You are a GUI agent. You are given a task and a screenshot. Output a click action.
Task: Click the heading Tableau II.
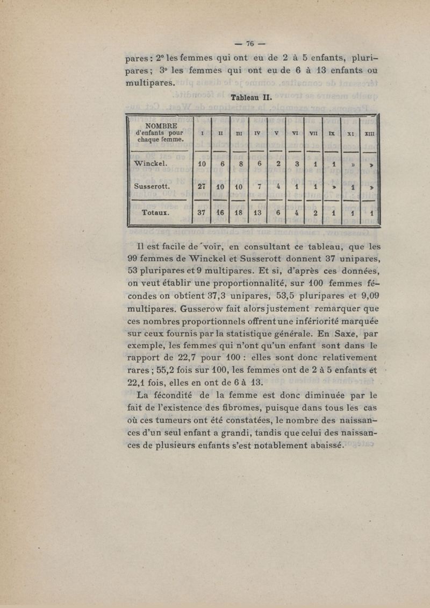pos(252,98)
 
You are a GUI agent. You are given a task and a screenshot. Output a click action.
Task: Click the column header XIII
pos(370,132)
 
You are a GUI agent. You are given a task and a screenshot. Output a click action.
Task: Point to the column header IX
pos(333,132)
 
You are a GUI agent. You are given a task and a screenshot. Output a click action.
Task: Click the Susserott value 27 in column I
pos(202,186)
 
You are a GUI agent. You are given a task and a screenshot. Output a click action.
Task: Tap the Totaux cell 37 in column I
pos(202,212)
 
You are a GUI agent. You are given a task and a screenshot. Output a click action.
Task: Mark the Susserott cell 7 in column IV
pos(259,186)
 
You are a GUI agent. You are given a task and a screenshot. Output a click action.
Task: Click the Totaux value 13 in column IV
pos(257,212)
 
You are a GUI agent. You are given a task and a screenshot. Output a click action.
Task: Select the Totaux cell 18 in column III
pos(240,212)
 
